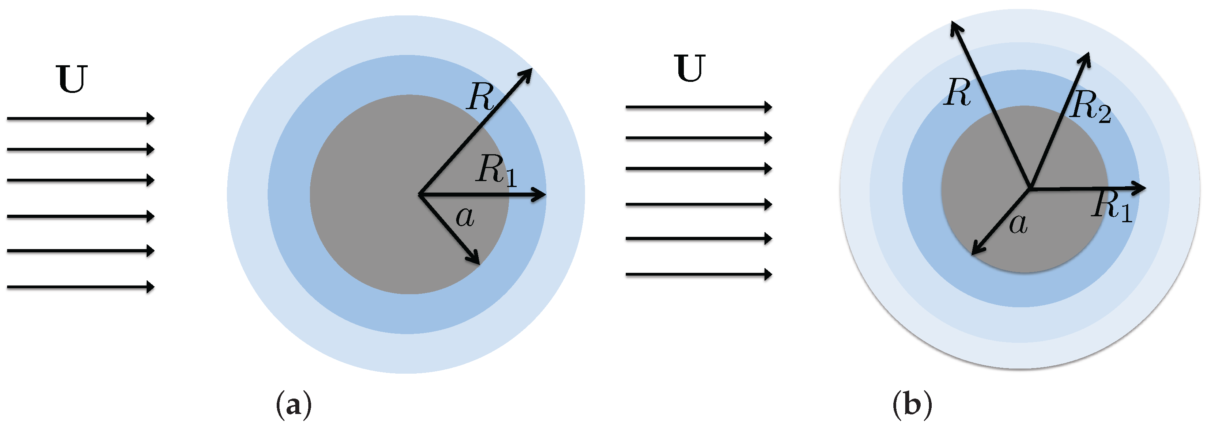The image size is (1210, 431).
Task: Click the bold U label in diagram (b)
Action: tap(690, 69)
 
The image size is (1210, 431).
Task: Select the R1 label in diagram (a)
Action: tap(496, 170)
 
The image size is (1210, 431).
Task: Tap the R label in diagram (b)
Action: tap(957, 92)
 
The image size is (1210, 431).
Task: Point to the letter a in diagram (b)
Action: tap(1018, 224)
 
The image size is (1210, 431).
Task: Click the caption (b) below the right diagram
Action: tap(912, 404)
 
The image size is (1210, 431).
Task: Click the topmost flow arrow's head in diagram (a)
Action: tap(150, 118)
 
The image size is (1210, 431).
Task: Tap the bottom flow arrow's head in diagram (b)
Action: tap(768, 274)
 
